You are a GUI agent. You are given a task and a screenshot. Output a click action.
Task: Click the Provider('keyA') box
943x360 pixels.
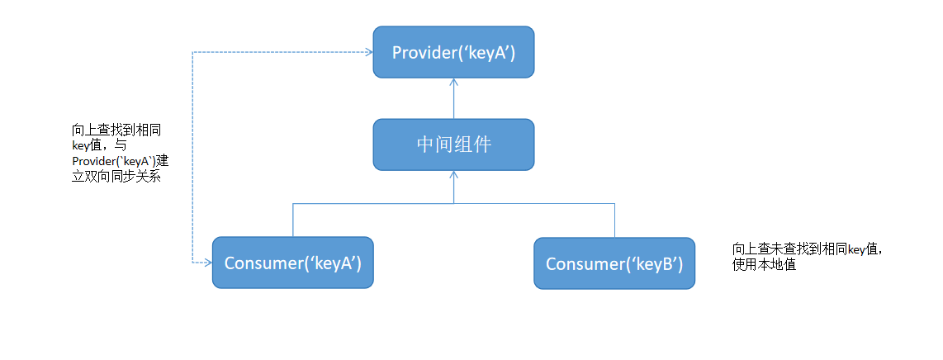click(453, 52)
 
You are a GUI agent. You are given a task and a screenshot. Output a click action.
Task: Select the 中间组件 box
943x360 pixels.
click(453, 144)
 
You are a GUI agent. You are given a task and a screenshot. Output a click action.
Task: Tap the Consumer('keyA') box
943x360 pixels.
click(293, 263)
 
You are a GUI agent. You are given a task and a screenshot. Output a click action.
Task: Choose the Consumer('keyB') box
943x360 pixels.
click(614, 263)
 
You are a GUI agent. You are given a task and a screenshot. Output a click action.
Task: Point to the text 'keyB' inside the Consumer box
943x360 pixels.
click(657, 264)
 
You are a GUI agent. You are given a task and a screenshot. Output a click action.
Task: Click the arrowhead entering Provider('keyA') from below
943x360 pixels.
click(453, 83)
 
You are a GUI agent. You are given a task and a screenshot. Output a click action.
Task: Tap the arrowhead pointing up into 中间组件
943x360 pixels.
click(453, 175)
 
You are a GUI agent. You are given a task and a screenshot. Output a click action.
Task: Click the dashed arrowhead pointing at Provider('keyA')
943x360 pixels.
click(367, 52)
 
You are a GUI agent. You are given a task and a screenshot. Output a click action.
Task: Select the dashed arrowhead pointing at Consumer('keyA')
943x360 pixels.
click(207, 263)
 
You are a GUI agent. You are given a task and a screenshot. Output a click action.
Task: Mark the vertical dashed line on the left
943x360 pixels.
click(192, 157)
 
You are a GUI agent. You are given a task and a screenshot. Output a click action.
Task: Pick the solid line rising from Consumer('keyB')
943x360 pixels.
click(614, 220)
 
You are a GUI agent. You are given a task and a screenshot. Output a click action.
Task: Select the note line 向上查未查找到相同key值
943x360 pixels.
click(808, 249)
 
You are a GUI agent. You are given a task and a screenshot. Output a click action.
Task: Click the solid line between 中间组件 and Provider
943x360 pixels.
click(453, 101)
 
